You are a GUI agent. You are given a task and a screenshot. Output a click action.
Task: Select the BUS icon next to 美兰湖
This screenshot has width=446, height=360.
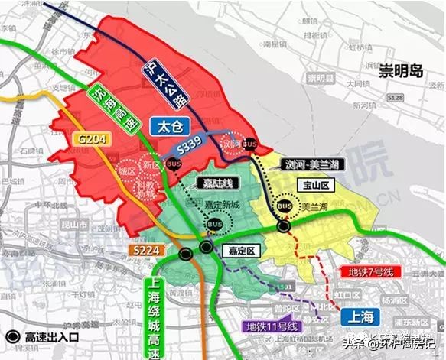[x=285, y=207]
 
